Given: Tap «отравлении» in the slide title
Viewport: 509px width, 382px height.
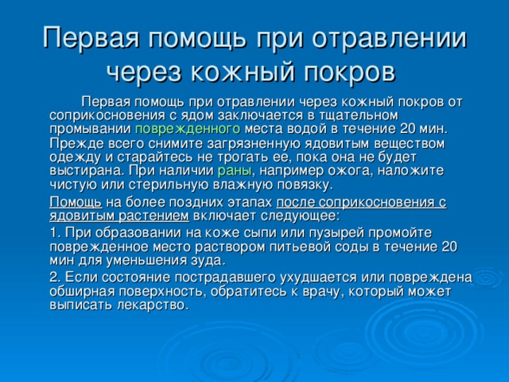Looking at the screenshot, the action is point(390,37).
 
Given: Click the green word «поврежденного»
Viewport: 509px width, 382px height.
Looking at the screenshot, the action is point(188,129).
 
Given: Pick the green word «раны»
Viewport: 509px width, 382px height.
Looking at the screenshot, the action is point(235,171).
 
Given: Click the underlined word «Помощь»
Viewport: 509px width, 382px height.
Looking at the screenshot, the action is point(76,203).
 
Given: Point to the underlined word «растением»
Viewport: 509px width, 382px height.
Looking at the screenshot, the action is point(153,216).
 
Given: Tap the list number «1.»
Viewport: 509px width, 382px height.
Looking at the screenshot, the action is point(56,232).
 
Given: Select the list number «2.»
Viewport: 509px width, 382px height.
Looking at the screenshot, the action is point(56,278).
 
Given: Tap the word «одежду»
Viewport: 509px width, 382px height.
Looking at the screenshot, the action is point(76,158).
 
